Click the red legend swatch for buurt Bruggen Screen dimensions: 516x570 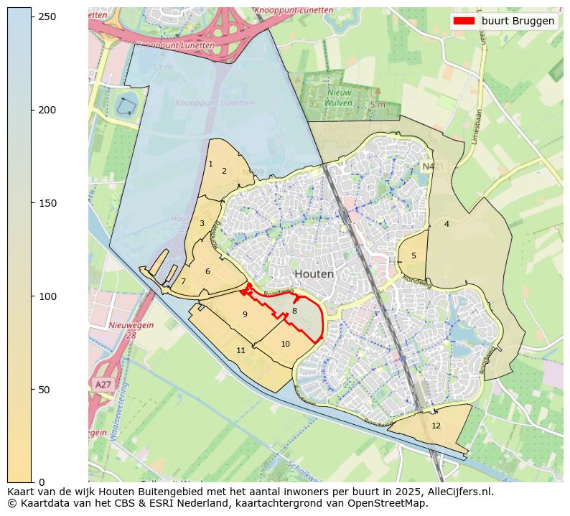coord(465,21)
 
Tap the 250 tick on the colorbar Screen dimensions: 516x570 coord(32,17)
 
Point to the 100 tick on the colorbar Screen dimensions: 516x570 coord(32,296)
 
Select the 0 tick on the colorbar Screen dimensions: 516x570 coord(32,482)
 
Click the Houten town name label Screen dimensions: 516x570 coord(314,274)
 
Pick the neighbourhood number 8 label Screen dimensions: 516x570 coord(294,311)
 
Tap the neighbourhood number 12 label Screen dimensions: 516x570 coord(436,426)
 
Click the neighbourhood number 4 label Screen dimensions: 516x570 coord(447,224)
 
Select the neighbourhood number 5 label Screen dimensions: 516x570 coord(414,255)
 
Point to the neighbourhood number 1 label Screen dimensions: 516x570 coord(210,164)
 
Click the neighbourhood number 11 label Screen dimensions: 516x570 coord(241,350)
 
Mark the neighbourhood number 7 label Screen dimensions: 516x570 coord(183,281)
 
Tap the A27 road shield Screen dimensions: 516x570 coord(103,385)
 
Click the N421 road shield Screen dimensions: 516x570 coord(429,166)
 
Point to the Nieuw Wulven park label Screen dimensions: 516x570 coord(340,98)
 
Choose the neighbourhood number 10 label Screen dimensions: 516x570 coord(285,344)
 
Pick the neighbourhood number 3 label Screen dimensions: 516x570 coord(202,223)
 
